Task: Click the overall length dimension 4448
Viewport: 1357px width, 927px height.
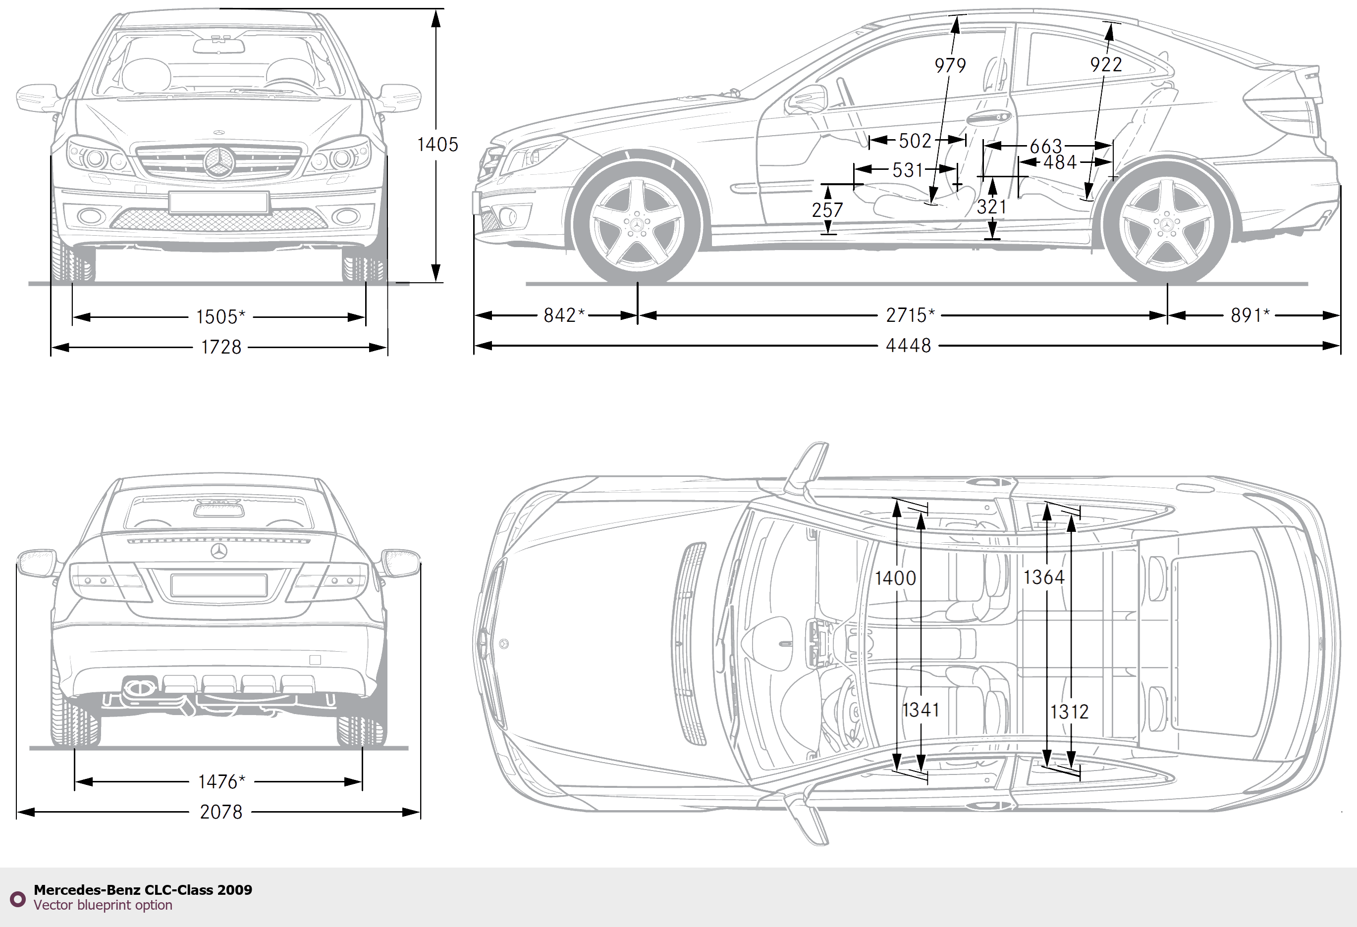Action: pyautogui.click(x=908, y=346)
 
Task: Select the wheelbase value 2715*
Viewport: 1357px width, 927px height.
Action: pyautogui.click(x=910, y=315)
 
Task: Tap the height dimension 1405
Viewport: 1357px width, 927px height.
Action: pyautogui.click(x=437, y=144)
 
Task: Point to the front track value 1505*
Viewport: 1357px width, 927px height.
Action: pyautogui.click(x=220, y=317)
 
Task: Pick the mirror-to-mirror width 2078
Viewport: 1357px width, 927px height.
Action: pyautogui.click(x=221, y=812)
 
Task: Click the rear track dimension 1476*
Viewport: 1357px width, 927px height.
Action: pyautogui.click(x=221, y=781)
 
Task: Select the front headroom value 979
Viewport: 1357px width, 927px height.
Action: pyautogui.click(x=950, y=65)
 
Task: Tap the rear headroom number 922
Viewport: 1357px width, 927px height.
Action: pyautogui.click(x=1106, y=64)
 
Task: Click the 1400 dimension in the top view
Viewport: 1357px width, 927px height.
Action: pyautogui.click(x=895, y=578)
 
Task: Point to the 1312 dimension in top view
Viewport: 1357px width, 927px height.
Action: pyautogui.click(x=1069, y=712)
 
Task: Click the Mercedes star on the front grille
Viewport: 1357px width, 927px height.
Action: pyautogui.click(x=219, y=162)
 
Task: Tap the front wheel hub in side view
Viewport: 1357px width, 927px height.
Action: pyautogui.click(x=637, y=225)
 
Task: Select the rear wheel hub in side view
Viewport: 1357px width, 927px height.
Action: pyautogui.click(x=1167, y=226)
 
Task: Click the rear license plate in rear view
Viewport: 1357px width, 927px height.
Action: pyautogui.click(x=219, y=585)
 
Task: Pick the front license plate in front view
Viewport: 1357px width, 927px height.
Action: pyautogui.click(x=218, y=202)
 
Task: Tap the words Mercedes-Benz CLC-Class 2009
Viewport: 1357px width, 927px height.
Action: pyautogui.click(x=143, y=890)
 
